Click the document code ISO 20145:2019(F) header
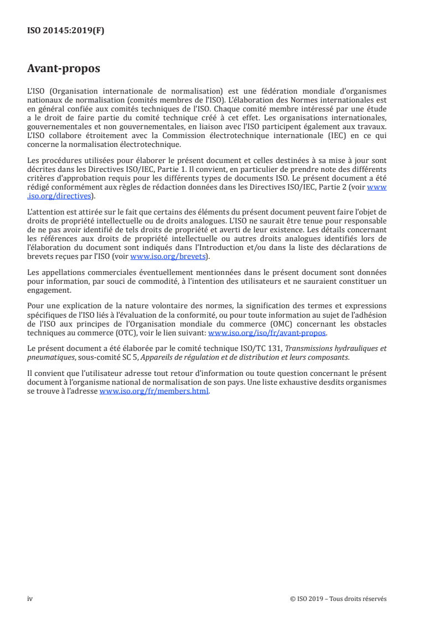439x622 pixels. tap(65, 31)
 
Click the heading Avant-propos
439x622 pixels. tap(64, 69)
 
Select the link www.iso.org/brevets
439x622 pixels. tap(166, 256)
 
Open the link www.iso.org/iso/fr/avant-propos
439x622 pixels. tap(267, 333)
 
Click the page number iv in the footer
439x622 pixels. tap(30, 599)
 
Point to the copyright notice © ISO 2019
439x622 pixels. tap(310, 599)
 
